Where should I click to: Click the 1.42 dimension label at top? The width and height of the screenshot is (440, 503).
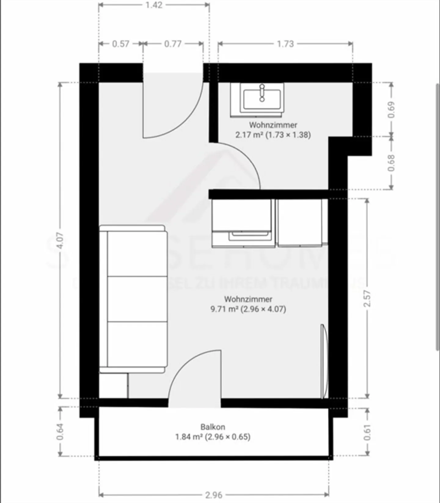pos(154,5)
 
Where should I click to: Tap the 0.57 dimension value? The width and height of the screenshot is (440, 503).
pos(121,44)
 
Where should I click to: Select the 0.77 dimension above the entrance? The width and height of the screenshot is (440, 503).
pos(173,44)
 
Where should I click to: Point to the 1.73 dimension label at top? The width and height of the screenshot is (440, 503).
pos(285,44)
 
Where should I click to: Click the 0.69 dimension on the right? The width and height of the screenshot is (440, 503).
pos(391,109)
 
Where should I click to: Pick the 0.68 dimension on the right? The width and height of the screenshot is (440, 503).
pos(391,163)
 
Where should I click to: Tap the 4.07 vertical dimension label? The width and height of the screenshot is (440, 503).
pos(60,240)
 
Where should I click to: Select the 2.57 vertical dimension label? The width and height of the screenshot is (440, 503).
pos(368,298)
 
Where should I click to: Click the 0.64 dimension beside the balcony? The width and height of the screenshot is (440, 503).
pos(60,431)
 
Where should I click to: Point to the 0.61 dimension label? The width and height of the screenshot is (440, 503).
pos(368,432)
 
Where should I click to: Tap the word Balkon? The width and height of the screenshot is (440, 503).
pos(213,427)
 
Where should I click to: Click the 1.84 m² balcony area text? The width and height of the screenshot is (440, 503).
pos(189,437)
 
